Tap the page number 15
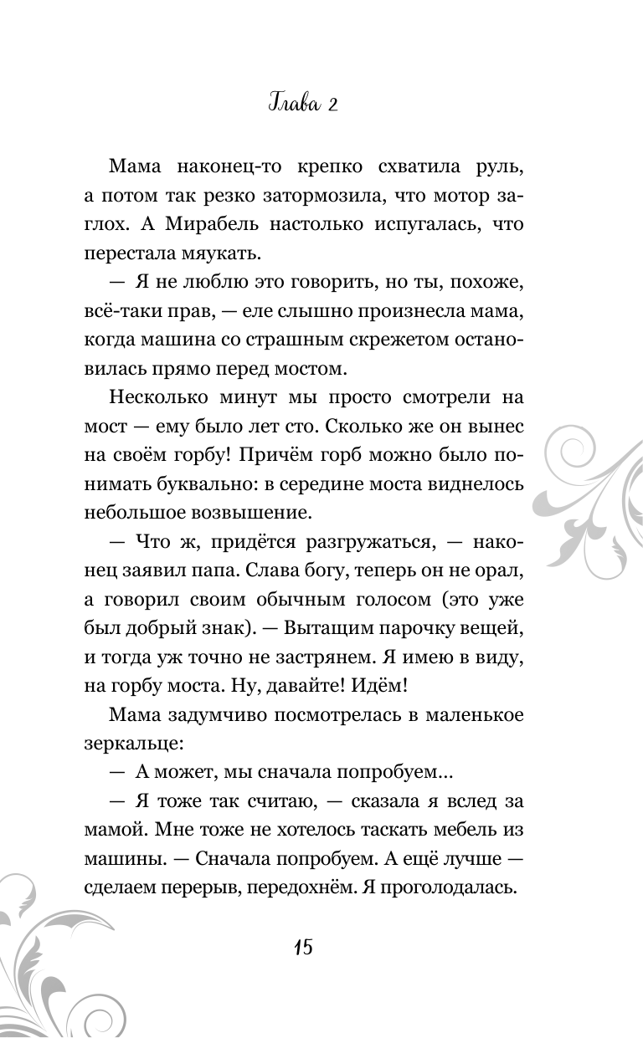(303, 948)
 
